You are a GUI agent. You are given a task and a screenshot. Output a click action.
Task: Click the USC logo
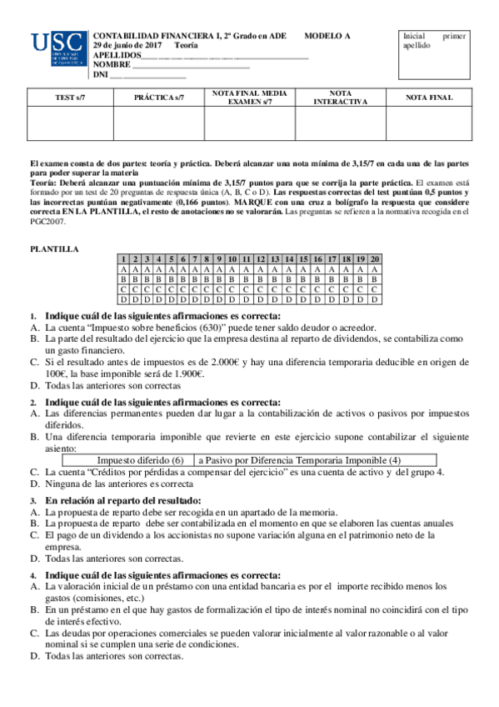[x=57, y=49]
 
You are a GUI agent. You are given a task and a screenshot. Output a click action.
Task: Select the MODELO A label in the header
[x=327, y=36]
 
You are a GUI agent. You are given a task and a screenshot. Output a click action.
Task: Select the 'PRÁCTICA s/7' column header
[x=159, y=98]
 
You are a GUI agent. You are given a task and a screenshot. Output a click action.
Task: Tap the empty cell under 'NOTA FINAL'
[x=429, y=123]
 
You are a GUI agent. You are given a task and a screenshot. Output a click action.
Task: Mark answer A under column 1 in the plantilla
[x=123, y=270]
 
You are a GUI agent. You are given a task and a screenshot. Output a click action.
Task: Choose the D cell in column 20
[x=375, y=298]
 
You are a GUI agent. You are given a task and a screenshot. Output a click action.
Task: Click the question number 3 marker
[x=33, y=500]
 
